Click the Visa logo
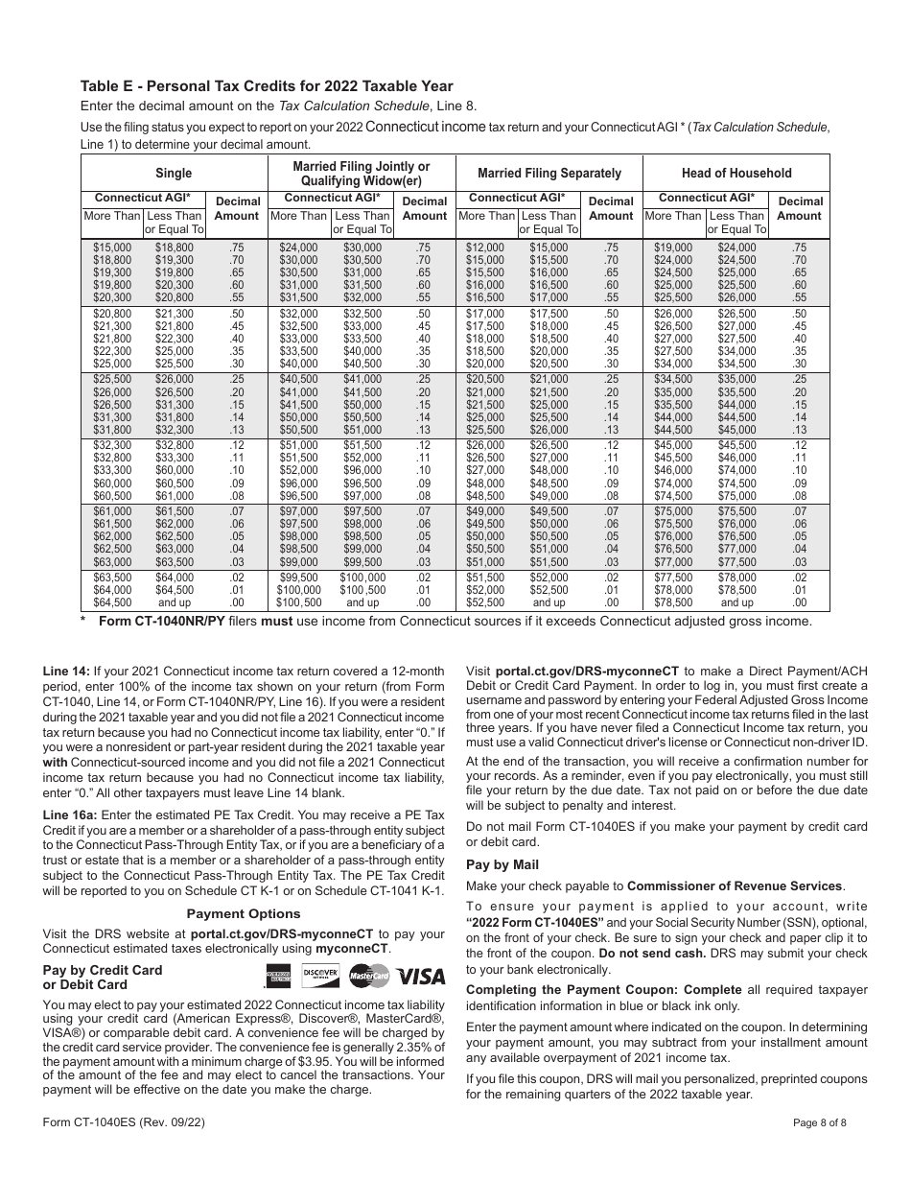coord(422,977)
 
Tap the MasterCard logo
coord(369,977)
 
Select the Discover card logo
coord(320,976)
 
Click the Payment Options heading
coord(243,913)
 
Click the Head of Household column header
coord(736,174)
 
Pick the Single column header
coord(174,174)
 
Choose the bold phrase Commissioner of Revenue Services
coord(735,885)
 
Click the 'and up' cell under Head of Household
coord(736,602)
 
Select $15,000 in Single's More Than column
coord(112,248)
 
